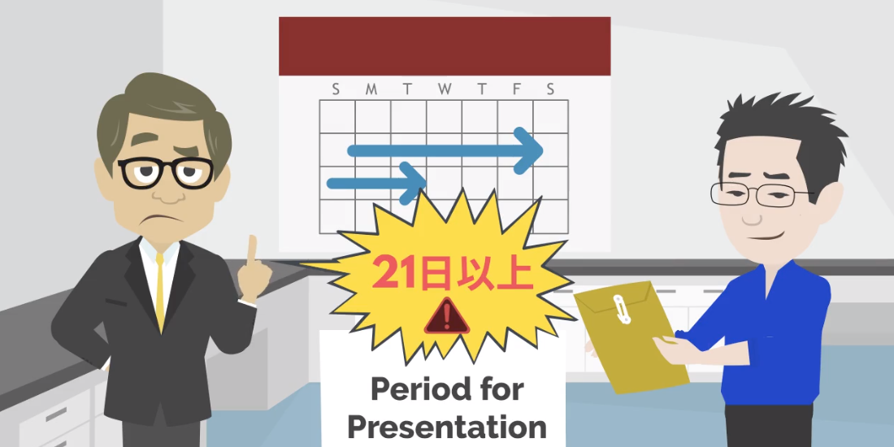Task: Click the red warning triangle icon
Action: coord(447,316)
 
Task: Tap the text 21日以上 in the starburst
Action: coord(453,275)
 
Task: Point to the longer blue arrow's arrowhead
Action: coord(527,150)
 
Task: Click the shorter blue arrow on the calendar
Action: coord(377,183)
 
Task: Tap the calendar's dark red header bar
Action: coord(445,46)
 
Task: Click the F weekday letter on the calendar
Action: coord(517,89)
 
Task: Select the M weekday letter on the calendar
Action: coord(371,89)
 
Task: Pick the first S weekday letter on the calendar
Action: coord(336,89)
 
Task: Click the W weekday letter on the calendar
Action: coord(445,89)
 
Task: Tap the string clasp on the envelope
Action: coord(620,309)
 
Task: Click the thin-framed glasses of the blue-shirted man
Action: coord(762,194)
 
